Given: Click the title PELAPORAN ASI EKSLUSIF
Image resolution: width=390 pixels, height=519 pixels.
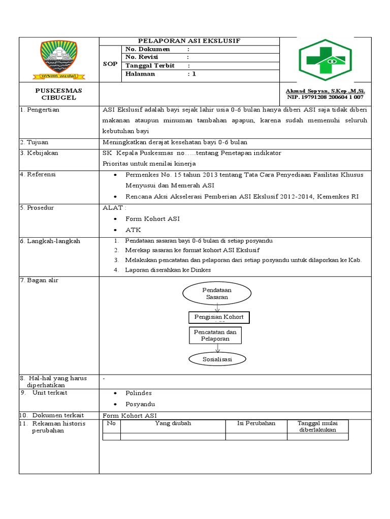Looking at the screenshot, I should (189, 41).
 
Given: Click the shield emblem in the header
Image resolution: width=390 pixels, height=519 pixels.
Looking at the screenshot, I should (59, 60).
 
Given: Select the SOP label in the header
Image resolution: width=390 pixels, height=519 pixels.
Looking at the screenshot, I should (110, 64).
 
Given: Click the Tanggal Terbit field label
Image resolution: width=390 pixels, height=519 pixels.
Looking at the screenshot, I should (150, 65).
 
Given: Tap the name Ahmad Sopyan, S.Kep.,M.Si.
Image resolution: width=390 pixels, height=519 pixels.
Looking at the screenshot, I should (326, 91).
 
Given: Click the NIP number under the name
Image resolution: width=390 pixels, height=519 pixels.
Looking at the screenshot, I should (325, 97).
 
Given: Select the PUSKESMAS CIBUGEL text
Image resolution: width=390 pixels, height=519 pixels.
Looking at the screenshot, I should (58, 94).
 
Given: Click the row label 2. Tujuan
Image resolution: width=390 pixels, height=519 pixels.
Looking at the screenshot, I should (34, 142).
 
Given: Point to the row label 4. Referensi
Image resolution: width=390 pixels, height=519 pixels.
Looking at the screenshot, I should (38, 174).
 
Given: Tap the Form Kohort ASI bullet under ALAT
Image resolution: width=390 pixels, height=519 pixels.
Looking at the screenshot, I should (152, 219).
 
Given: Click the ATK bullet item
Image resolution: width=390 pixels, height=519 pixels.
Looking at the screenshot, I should (133, 230).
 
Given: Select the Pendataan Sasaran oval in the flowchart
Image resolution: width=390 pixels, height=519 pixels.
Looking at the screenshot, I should (217, 293).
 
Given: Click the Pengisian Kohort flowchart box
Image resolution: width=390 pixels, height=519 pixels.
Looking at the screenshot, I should (219, 317).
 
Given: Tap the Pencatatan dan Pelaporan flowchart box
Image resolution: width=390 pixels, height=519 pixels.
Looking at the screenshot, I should (215, 335).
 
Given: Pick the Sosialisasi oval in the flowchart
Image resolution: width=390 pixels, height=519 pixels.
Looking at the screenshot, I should (217, 359).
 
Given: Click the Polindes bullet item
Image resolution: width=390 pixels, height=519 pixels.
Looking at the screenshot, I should (138, 393).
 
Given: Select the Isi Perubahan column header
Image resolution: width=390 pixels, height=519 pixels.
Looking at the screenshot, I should (256, 423).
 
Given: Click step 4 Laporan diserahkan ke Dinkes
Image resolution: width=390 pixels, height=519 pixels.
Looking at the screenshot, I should (168, 270).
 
